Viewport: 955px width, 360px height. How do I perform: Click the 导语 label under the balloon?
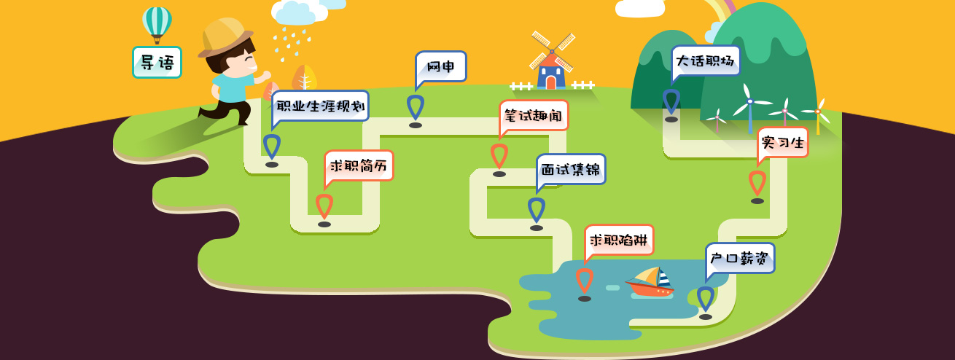[157, 63]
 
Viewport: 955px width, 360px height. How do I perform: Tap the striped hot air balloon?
[157, 22]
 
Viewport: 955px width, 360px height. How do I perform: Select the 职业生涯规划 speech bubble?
[320, 106]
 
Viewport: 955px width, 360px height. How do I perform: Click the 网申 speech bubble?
[440, 67]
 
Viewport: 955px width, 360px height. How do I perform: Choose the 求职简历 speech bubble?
[359, 165]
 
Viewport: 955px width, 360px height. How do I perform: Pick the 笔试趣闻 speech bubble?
[534, 115]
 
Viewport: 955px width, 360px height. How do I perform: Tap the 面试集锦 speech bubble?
[571, 169]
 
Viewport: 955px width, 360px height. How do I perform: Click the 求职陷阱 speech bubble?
[619, 240]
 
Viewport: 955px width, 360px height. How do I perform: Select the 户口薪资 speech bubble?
[739, 258]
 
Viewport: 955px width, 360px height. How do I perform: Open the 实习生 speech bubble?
[783, 142]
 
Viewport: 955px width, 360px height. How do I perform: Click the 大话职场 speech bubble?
[705, 61]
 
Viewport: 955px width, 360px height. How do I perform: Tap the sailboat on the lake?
[651, 281]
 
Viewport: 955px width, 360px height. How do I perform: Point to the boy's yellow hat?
[225, 36]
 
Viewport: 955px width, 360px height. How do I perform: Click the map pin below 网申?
[416, 108]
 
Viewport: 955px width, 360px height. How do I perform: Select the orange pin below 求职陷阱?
[585, 281]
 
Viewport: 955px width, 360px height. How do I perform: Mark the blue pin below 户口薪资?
[706, 299]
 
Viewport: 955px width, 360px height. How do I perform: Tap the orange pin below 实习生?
[757, 183]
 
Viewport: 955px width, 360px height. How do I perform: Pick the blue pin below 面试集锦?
[537, 210]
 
